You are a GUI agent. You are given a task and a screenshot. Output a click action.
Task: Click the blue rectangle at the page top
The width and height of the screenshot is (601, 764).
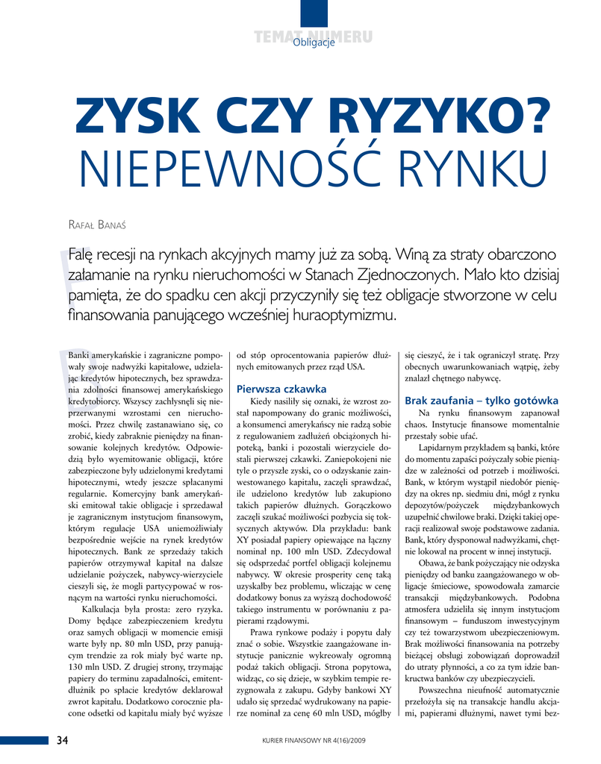coord(314,15)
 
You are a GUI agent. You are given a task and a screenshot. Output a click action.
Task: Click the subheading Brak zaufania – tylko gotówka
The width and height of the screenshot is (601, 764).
coord(481,401)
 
